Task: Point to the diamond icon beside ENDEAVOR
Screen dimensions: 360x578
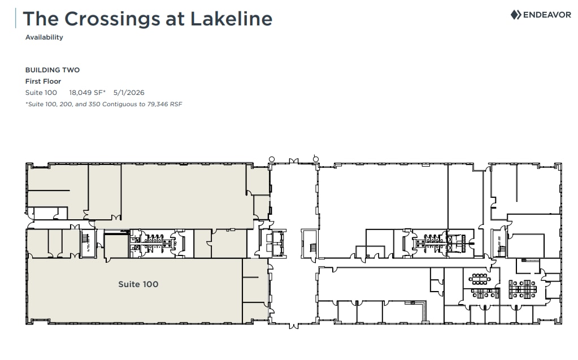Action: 515,15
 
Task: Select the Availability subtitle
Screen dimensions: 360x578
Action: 44,37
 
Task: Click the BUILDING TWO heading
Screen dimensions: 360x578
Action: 53,70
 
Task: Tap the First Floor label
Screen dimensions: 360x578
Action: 43,81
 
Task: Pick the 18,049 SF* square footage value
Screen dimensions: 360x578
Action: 88,92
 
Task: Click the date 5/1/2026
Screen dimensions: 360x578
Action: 129,92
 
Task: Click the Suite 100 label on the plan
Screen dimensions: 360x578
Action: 138,284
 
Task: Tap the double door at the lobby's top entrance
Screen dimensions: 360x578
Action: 293,162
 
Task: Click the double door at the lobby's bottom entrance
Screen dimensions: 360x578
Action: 293,325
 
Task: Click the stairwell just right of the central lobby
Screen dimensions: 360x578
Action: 310,244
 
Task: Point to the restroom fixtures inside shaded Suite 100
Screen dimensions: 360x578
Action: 153,244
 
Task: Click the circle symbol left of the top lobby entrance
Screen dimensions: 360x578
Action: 272,159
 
